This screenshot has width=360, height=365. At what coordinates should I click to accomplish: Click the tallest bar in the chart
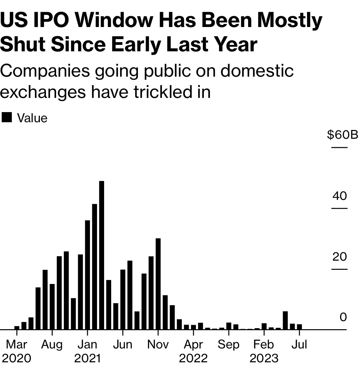[x=101, y=255]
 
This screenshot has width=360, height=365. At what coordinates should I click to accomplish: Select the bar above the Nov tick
[x=158, y=284]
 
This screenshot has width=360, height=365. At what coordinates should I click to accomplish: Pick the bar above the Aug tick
[x=52, y=306]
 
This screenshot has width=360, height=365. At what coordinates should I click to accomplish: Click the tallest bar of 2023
[x=285, y=320]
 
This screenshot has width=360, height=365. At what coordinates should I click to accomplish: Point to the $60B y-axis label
[x=342, y=135]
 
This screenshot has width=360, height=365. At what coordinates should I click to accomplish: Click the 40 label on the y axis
[x=339, y=196]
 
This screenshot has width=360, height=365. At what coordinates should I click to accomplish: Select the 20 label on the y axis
[x=339, y=257]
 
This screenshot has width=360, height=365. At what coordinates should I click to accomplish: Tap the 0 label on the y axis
[x=343, y=317]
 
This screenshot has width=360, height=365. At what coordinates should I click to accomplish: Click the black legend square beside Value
[x=7, y=118]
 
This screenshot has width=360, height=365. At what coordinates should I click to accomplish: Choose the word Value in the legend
[x=32, y=118]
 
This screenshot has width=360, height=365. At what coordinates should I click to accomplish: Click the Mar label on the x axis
[x=17, y=344]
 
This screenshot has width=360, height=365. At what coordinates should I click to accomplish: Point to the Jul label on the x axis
[x=299, y=344]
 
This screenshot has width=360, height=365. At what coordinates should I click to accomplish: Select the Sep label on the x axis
[x=229, y=344]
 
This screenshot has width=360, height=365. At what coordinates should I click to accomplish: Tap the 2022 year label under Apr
[x=193, y=358]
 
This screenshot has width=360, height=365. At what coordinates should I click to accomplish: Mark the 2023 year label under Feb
[x=264, y=358]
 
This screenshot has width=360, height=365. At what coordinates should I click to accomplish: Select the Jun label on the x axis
[x=122, y=344]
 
